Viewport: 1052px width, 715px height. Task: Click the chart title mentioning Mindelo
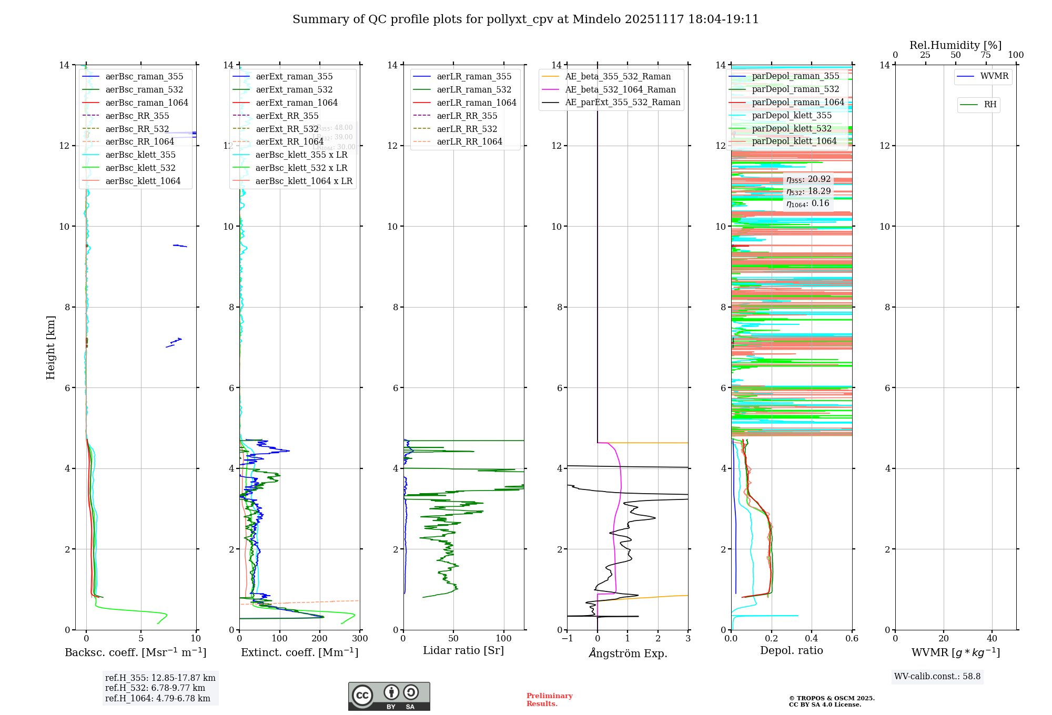(525, 19)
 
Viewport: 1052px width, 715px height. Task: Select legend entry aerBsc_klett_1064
(143, 181)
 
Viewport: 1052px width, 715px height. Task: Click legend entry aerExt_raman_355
(294, 77)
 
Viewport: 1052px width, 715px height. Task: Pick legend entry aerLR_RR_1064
(469, 141)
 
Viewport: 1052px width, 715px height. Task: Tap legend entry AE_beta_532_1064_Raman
(620, 89)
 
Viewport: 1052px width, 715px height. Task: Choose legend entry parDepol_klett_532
(791, 128)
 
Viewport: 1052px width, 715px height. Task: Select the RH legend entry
(990, 105)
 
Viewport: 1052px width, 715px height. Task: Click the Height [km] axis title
(50, 347)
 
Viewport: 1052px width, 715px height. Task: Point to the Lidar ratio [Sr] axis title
(463, 650)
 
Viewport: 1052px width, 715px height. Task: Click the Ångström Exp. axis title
(628, 653)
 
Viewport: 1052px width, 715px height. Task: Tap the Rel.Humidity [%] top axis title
(955, 45)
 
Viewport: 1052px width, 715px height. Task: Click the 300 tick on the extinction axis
(360, 639)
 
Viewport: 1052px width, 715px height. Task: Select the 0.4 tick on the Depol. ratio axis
(812, 639)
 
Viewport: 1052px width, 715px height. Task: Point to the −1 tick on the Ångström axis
(567, 639)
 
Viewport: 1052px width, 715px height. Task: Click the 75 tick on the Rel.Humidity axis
(986, 55)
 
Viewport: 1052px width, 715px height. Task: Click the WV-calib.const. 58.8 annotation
(937, 677)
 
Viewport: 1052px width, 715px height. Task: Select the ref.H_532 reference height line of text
(155, 688)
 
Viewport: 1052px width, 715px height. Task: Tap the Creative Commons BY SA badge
(389, 696)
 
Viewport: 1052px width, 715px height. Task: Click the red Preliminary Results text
(549, 700)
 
